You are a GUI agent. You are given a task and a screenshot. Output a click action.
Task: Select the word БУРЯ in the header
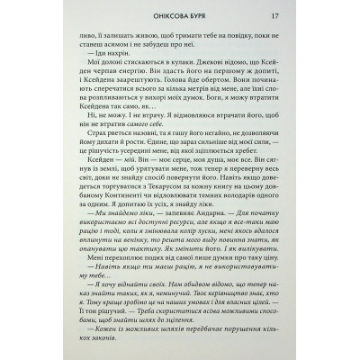(x=205, y=16)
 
